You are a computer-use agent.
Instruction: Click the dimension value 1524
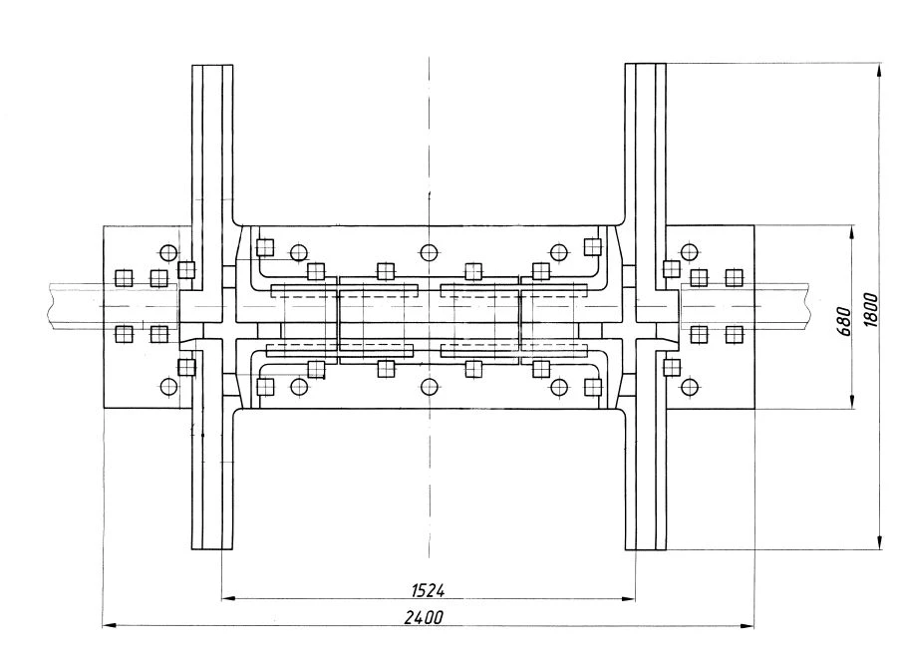(428, 589)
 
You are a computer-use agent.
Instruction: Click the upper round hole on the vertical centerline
(429, 251)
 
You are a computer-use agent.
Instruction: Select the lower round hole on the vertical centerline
(429, 387)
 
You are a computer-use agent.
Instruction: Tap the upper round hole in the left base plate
(167, 251)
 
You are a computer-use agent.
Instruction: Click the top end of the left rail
(212, 66)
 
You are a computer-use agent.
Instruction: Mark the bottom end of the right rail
(645, 548)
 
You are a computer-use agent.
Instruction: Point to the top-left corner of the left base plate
(104, 226)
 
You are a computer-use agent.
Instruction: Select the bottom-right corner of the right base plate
(753, 409)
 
